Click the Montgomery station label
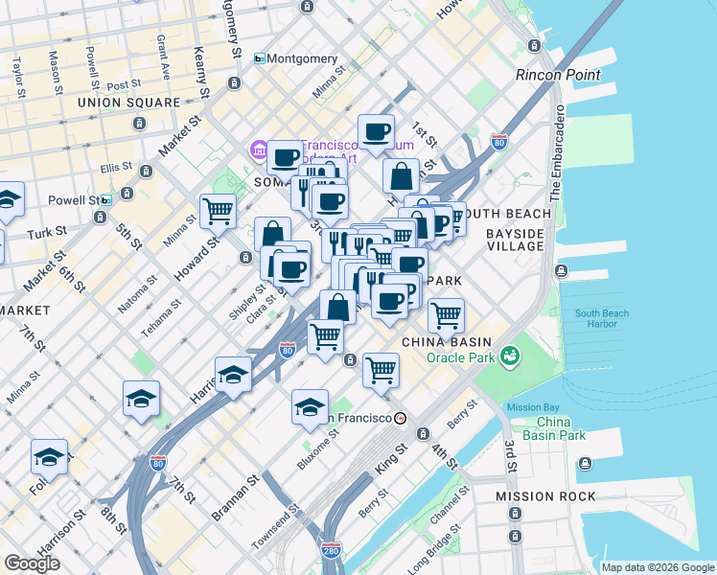[x=302, y=58]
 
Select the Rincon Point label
[x=558, y=75]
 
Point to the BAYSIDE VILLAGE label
[x=515, y=240]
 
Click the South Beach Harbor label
[x=602, y=320]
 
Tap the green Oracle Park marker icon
[x=509, y=357]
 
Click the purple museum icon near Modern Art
[x=258, y=150]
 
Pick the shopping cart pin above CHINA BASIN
[x=446, y=315]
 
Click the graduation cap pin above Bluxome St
[x=310, y=407]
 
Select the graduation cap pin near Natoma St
[x=141, y=399]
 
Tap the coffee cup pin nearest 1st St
[x=376, y=132]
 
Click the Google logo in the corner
[x=32, y=563]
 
